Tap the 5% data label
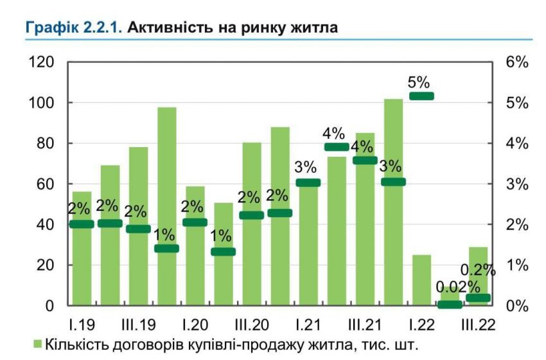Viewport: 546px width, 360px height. point(419,82)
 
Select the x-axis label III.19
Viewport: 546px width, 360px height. point(137,322)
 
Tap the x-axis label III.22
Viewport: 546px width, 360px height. point(477,322)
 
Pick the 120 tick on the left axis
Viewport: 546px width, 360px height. point(40,62)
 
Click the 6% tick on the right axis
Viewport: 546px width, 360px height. point(516,62)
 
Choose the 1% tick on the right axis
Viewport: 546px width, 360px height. point(516,265)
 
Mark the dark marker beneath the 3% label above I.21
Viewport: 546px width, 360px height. point(308,183)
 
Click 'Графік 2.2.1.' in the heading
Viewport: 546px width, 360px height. point(73,28)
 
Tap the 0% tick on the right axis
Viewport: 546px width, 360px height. point(516,305)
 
